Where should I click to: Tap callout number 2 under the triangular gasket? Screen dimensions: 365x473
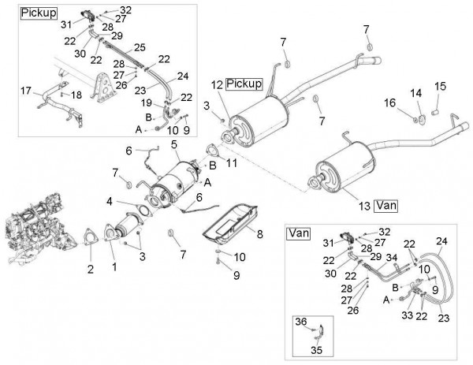pos(89,268)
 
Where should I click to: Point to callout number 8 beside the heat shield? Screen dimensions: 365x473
pos(259,233)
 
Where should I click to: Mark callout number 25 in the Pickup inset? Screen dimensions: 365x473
pos(140,47)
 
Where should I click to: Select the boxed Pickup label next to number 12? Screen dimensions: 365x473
pos(244,84)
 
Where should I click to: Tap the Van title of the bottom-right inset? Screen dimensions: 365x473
pos(298,233)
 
